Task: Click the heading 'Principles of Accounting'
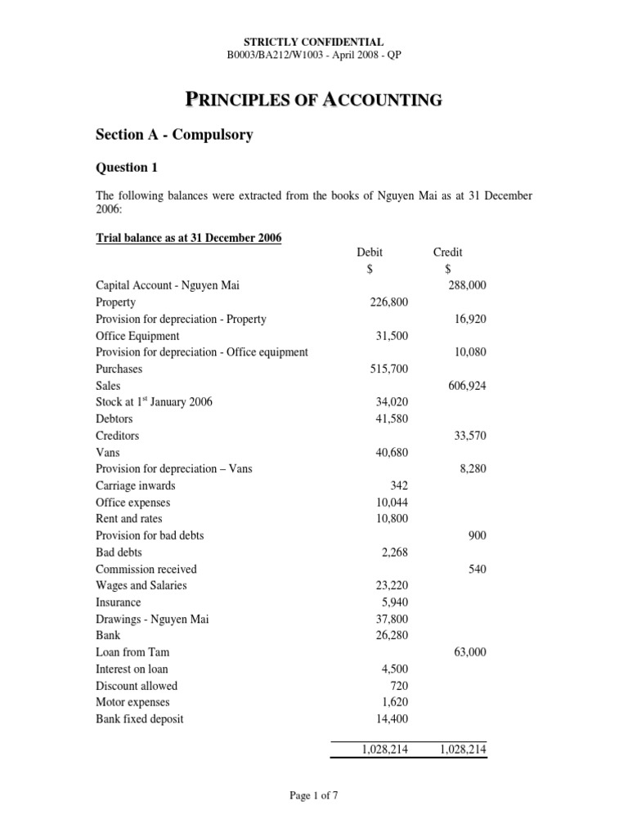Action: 314,101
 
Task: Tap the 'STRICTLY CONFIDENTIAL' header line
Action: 314,41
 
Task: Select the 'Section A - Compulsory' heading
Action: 174,135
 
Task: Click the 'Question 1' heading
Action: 126,168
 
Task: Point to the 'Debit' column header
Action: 370,253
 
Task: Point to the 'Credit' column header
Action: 447,253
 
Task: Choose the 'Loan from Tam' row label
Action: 132,652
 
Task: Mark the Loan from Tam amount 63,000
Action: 469,652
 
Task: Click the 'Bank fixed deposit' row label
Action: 140,718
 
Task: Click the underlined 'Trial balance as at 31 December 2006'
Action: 188,238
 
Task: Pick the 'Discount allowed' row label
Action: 136,686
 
